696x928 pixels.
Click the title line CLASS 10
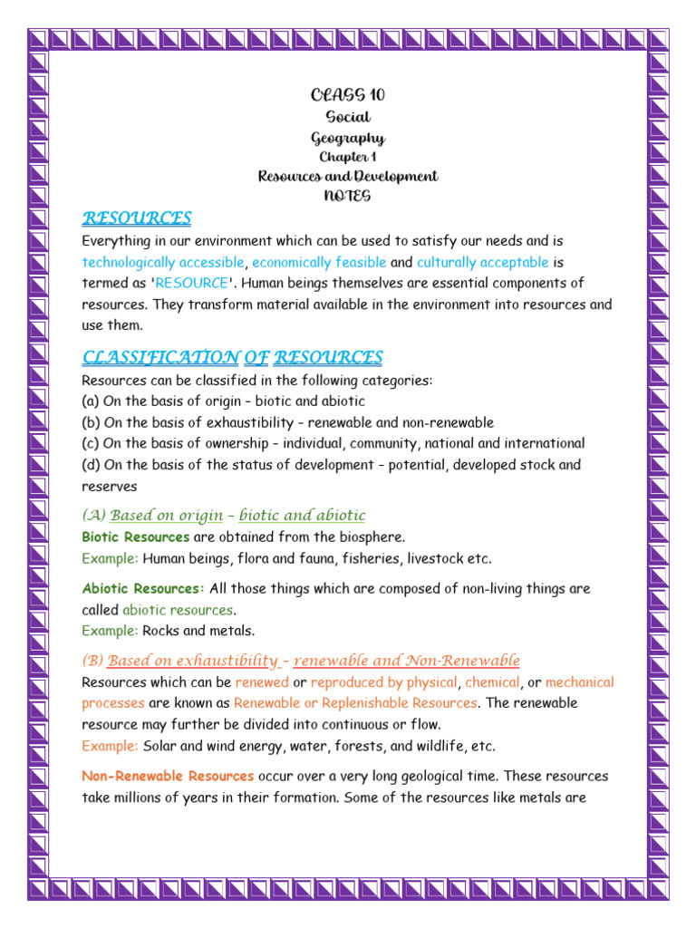(348, 95)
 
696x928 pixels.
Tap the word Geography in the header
(348, 138)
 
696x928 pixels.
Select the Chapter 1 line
(348, 157)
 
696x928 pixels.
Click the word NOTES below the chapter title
(348, 196)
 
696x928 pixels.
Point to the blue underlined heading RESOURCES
(137, 218)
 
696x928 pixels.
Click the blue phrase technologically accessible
(163, 263)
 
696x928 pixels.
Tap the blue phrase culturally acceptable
(482, 263)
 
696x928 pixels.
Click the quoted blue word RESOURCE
(192, 284)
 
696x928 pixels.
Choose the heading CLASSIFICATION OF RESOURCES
(232, 357)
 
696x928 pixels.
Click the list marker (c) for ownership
(91, 444)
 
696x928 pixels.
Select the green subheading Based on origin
(166, 516)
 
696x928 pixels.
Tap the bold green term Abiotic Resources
(140, 589)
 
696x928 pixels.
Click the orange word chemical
(492, 682)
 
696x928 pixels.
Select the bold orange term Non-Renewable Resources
(168, 777)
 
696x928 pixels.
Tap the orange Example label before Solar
(110, 746)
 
